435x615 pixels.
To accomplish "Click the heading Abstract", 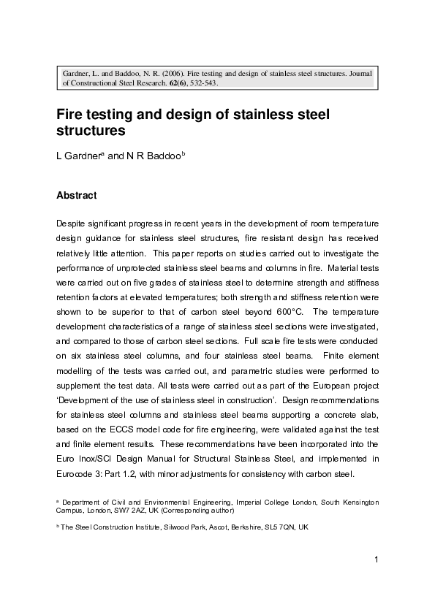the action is [76, 196].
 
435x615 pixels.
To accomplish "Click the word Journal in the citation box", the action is [358, 73].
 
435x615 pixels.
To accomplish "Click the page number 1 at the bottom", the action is [374, 560].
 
